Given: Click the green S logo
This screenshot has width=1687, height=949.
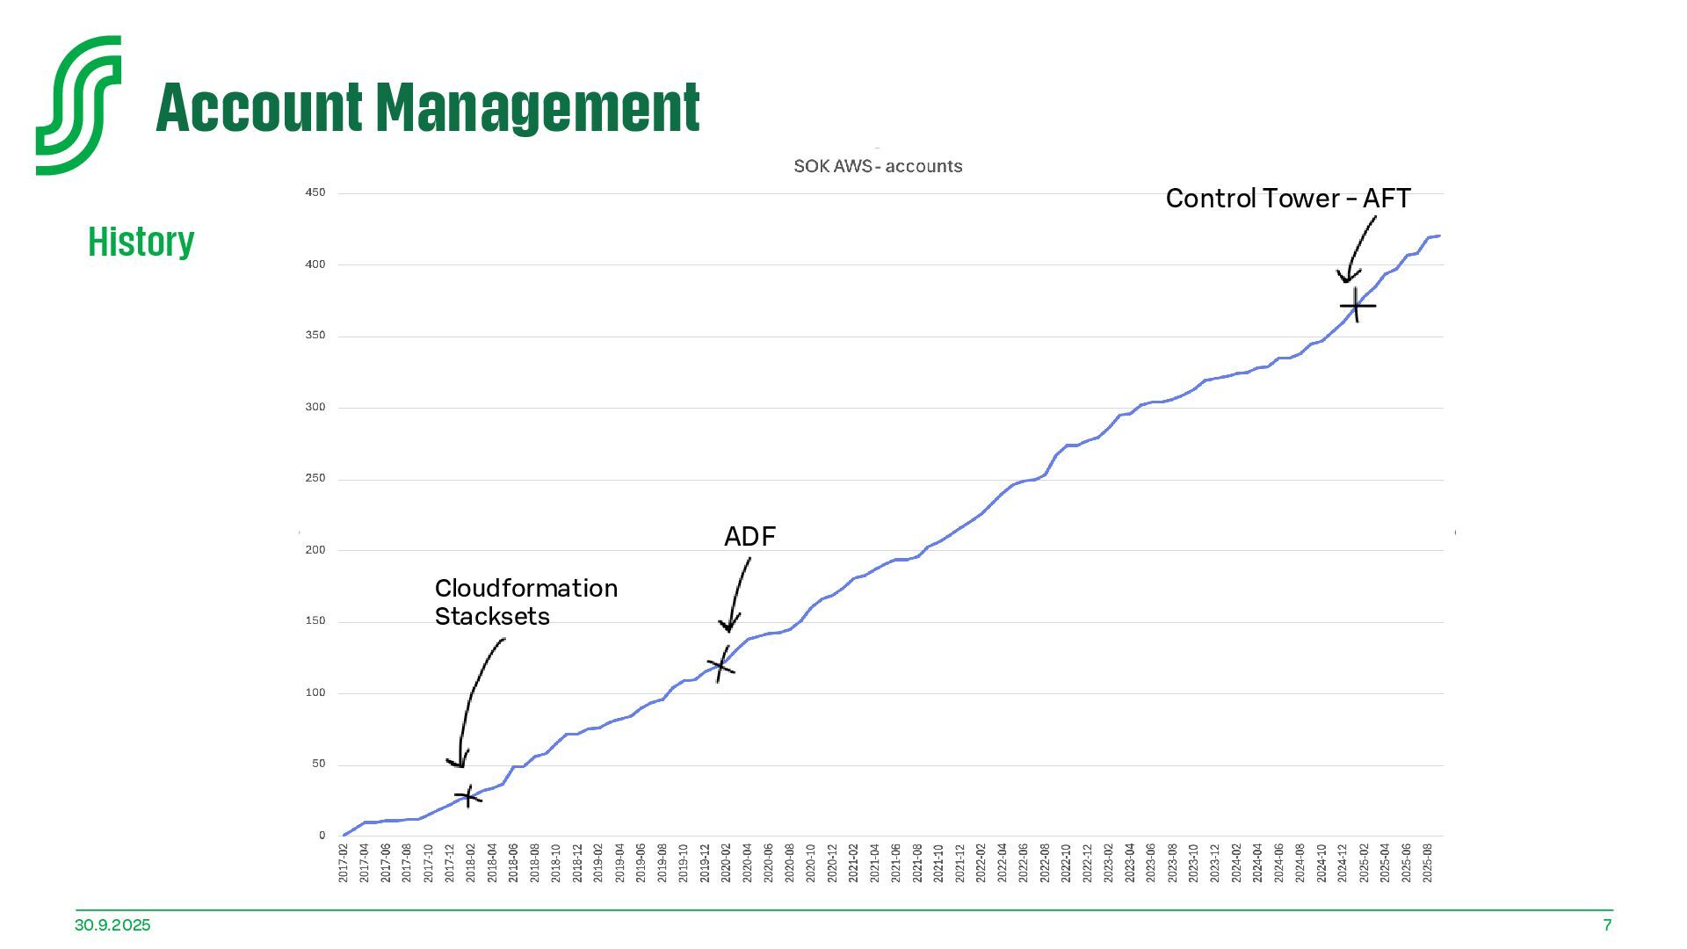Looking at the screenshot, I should pyautogui.click(x=78, y=105).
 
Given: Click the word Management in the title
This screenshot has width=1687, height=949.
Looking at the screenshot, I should pyautogui.click(x=538, y=108).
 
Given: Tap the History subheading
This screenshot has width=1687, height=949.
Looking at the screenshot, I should pyautogui.click(x=141, y=241).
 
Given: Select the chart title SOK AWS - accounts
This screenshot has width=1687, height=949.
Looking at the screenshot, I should pyautogui.click(x=878, y=166).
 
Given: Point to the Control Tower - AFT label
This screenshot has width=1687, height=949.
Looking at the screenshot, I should pyautogui.click(x=1287, y=199).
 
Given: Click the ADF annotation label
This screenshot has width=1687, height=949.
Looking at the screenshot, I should pyautogui.click(x=749, y=536).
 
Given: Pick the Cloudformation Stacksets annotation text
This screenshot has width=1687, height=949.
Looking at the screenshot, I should pyautogui.click(x=525, y=602).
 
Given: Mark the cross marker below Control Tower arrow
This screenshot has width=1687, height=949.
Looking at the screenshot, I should pyautogui.click(x=1357, y=306).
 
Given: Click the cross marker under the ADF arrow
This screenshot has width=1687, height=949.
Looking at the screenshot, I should pyautogui.click(x=721, y=665).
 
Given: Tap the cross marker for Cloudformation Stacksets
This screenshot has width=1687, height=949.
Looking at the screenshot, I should pyautogui.click(x=467, y=796).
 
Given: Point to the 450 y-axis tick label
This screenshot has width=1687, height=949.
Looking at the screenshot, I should pyautogui.click(x=315, y=192).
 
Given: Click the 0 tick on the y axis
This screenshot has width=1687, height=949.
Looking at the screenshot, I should pyautogui.click(x=322, y=836).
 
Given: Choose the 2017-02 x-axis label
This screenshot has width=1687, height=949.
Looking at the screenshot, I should pyautogui.click(x=344, y=863).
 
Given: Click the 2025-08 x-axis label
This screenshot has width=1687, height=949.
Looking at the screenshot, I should pyautogui.click(x=1427, y=863).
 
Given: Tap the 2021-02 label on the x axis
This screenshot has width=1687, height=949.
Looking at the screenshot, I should pyautogui.click(x=853, y=863).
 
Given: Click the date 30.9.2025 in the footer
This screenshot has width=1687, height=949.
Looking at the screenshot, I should pyautogui.click(x=112, y=925).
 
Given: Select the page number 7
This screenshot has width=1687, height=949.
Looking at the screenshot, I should pyautogui.click(x=1607, y=925).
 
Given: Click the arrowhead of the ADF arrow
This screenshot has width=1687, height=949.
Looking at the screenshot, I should pyautogui.click(x=728, y=627).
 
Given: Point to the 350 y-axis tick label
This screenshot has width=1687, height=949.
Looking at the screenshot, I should pyautogui.click(x=315, y=336).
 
